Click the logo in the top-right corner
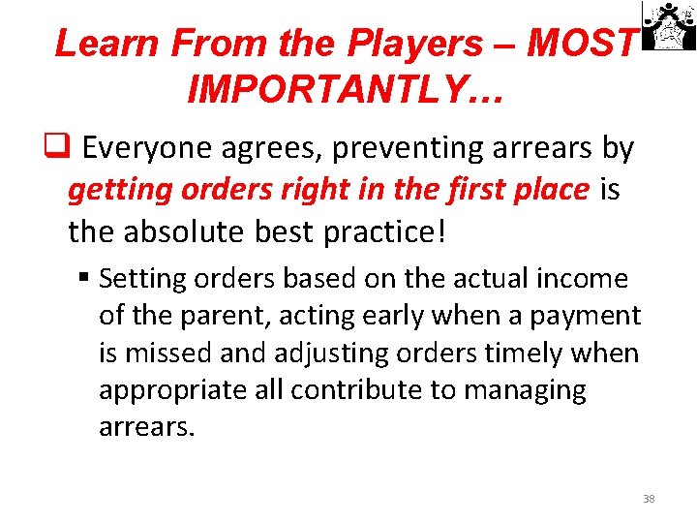(669, 26)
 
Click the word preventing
(422, 148)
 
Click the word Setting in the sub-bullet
(140, 280)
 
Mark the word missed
(176, 353)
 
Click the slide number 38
(649, 499)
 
